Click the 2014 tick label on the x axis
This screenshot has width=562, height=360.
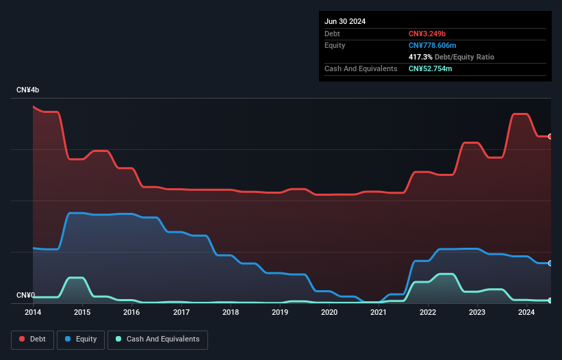coord(33,313)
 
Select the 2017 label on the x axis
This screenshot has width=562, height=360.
coord(181,313)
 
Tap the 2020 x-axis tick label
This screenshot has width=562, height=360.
coord(329,313)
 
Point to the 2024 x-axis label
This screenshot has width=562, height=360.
coord(526,313)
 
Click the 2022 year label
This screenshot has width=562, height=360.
coord(428,313)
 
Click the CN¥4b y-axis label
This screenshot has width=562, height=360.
coord(28,90)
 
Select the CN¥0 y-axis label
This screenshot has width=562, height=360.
coord(25,296)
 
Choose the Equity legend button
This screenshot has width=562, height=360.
coord(81,339)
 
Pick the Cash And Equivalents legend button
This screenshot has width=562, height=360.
coord(157,339)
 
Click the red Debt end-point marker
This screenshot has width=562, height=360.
coord(550,136)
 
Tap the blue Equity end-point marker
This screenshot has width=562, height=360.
coord(550,263)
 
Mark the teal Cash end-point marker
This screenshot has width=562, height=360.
coord(550,300)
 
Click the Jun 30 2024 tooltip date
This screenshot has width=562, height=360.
coord(345,21)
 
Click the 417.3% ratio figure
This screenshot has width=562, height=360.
coord(421,57)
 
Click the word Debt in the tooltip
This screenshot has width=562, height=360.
coord(333,34)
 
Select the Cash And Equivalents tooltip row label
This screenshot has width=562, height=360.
coord(361,68)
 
